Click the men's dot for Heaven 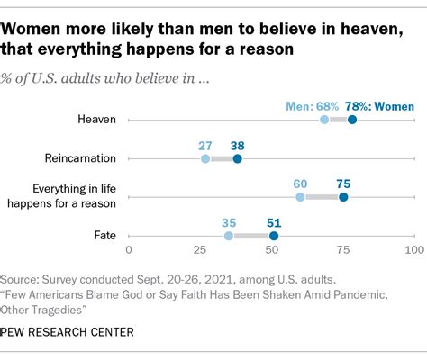coord(323,120)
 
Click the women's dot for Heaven coord(352,120)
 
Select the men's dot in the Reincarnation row coord(205,158)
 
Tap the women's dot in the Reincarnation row coord(237,158)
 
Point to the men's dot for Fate coord(229,235)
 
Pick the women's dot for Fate coord(274,235)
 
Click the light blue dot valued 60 coord(300,196)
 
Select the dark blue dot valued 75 coord(343,196)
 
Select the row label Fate coord(104,235)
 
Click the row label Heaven coord(97,120)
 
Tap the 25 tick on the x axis coord(200,249)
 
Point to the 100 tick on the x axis coord(413,249)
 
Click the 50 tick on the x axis coord(271,249)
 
